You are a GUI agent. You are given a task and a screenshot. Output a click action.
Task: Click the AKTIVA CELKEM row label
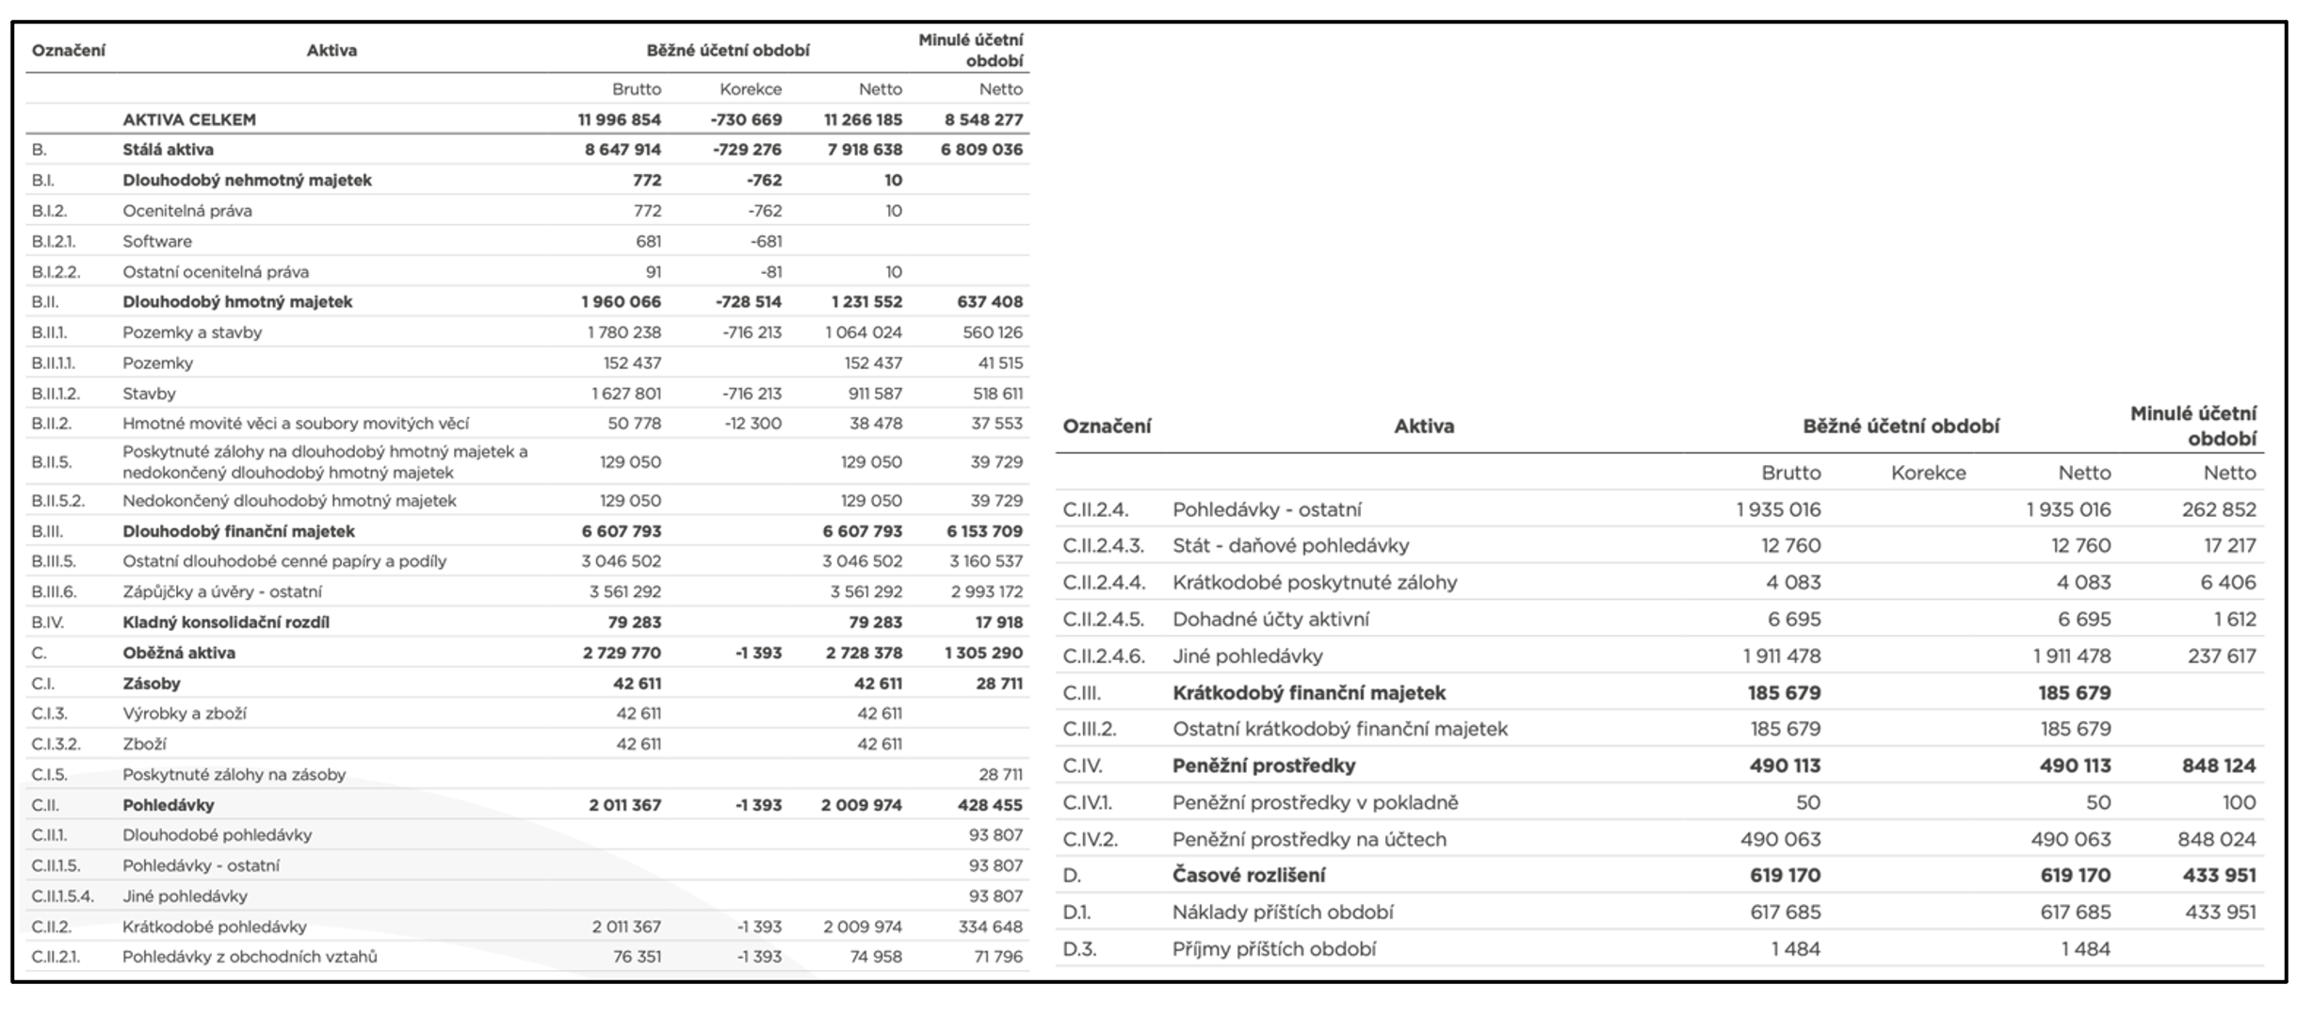(x=189, y=120)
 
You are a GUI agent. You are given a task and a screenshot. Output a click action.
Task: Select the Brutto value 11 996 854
(x=620, y=120)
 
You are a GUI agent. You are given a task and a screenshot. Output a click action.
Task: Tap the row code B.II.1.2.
(x=56, y=394)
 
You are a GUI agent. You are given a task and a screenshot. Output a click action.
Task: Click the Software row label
(x=157, y=241)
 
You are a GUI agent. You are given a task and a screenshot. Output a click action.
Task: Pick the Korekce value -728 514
(x=746, y=302)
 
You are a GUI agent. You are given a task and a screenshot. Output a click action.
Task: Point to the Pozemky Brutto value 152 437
(x=632, y=363)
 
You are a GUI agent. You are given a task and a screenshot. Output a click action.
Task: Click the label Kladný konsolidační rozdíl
(x=226, y=622)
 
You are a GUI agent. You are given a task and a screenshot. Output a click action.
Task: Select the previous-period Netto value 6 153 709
(x=984, y=531)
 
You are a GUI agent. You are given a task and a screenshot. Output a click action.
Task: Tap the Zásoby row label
(x=152, y=684)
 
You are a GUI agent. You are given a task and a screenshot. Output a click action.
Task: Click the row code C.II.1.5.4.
(x=62, y=896)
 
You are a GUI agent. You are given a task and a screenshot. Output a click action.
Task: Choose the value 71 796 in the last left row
(x=997, y=957)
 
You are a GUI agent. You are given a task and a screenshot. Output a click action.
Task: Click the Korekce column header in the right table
(x=1928, y=473)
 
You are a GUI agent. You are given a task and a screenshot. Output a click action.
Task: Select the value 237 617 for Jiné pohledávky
(x=2222, y=655)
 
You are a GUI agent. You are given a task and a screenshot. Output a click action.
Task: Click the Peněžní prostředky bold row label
(x=1264, y=766)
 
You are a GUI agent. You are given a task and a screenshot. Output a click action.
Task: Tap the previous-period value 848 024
(x=2217, y=839)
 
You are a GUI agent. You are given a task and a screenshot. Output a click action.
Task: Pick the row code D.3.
(x=1079, y=949)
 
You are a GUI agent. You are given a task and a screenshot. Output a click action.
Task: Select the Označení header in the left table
(x=69, y=51)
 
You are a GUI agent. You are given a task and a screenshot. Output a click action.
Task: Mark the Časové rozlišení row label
(x=1249, y=876)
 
